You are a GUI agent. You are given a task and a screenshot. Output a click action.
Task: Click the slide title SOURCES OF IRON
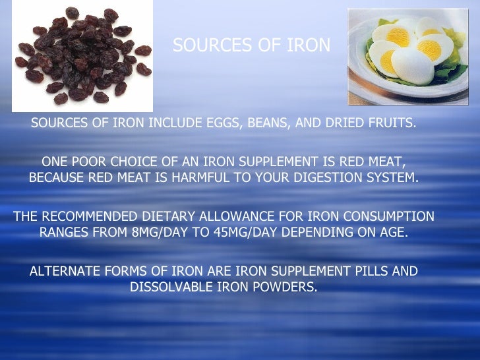[x=251, y=45]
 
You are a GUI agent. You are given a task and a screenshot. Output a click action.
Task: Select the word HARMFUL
[x=200, y=178]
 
